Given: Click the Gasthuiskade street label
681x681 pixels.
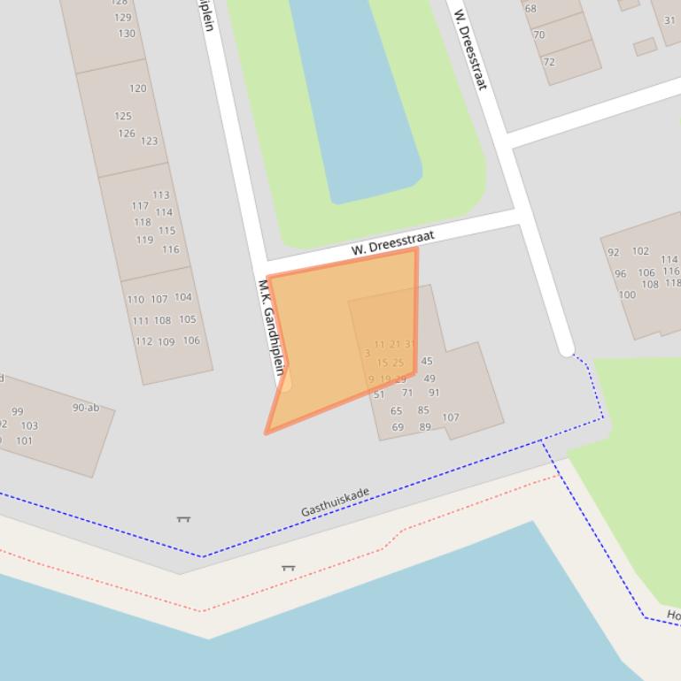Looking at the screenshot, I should click(x=335, y=501).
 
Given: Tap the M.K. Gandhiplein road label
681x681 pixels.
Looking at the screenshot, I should click(x=273, y=327).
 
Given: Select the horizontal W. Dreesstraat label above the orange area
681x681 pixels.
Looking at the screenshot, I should click(x=392, y=243).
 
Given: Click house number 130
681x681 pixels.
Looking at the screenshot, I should click(x=127, y=34).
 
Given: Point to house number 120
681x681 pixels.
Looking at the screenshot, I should click(x=137, y=88).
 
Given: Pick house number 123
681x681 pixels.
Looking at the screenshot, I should click(x=149, y=141).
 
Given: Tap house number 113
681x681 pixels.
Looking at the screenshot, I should click(x=160, y=195).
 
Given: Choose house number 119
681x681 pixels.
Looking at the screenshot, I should click(x=144, y=240).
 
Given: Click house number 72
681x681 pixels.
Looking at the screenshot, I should click(x=549, y=62).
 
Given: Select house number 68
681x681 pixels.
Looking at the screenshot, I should click(x=530, y=9).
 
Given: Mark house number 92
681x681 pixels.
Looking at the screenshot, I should click(x=613, y=252).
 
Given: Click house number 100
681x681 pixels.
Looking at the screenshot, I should click(x=627, y=295).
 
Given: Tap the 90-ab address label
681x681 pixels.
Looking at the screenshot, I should click(x=86, y=408).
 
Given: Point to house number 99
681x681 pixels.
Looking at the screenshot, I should click(x=18, y=411).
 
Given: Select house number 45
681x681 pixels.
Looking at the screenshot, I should click(x=427, y=361).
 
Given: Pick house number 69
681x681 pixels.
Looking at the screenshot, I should click(x=398, y=427).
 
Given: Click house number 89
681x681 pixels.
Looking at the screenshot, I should click(x=425, y=427).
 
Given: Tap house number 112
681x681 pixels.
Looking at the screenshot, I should click(x=143, y=341).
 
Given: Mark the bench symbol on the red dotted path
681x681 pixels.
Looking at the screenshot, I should click(x=288, y=568).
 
